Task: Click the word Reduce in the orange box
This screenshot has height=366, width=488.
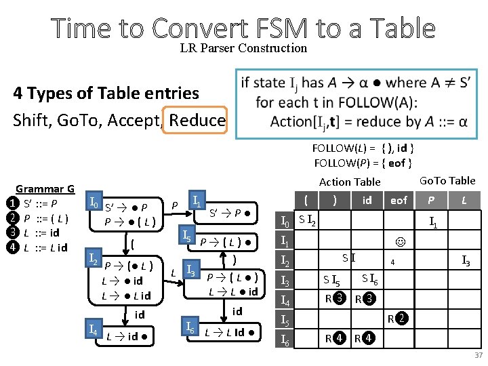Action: point(197,121)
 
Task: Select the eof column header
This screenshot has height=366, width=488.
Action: point(399,200)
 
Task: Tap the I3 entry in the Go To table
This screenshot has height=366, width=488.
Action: point(467,260)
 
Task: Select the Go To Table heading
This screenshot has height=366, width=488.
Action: point(448,180)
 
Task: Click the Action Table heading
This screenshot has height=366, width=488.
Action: point(350,182)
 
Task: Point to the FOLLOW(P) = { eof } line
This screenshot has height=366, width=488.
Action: point(363,163)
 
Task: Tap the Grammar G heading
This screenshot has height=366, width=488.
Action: point(45,189)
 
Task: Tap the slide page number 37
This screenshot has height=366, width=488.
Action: point(478,355)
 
